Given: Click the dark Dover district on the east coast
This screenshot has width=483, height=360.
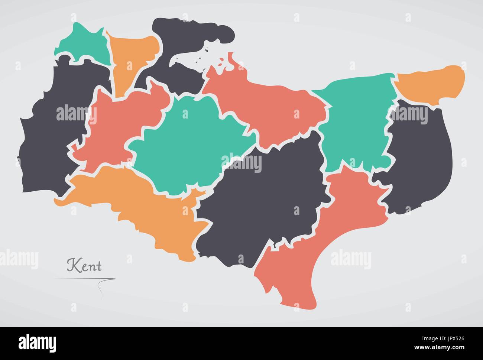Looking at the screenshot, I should [420, 156].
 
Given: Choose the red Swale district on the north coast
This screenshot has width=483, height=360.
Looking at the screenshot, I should [268, 108].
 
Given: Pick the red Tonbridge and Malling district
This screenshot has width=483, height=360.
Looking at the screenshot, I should [115, 126].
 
